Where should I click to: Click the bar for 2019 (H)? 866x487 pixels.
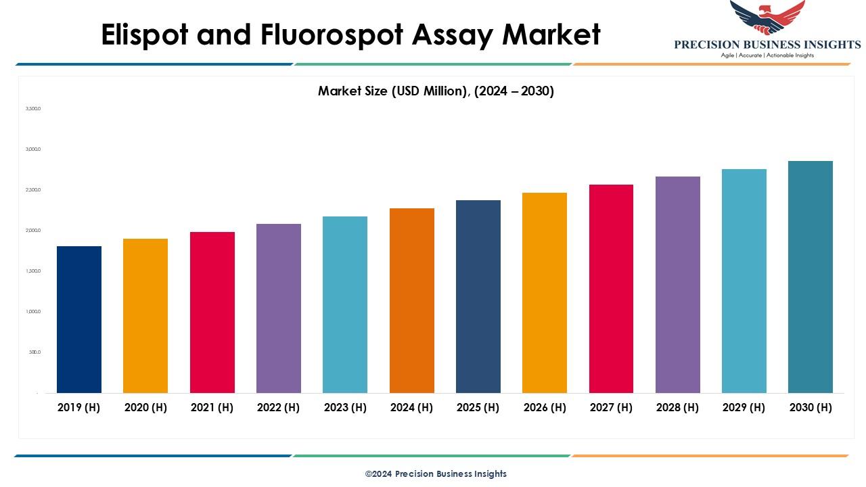pyautogui.click(x=79, y=319)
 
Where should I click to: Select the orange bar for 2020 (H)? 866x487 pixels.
pyautogui.click(x=145, y=315)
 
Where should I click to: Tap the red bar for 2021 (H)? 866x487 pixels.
pyautogui.click(x=212, y=312)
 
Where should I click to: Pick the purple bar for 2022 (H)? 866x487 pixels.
pyautogui.click(x=279, y=308)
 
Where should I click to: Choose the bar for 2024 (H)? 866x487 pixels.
pyautogui.click(x=412, y=300)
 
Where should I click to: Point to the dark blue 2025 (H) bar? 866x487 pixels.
pyautogui.click(x=478, y=296)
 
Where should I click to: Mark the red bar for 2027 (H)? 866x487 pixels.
pyautogui.click(x=611, y=288)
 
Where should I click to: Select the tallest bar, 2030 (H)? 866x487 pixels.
pyautogui.click(x=811, y=277)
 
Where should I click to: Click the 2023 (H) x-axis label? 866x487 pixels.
pyautogui.click(x=345, y=407)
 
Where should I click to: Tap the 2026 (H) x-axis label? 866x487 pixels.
pyautogui.click(x=545, y=407)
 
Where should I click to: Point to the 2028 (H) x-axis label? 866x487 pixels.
pyautogui.click(x=677, y=407)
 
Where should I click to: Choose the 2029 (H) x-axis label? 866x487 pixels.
pyautogui.click(x=744, y=407)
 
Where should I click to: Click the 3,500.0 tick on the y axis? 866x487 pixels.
pyautogui.click(x=33, y=108)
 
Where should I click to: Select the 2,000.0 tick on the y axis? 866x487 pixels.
pyautogui.click(x=33, y=231)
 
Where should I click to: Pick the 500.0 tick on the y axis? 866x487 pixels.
pyautogui.click(x=35, y=352)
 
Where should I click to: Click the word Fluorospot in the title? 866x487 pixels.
pyautogui.click(x=351, y=35)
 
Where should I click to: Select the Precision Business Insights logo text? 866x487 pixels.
pyautogui.click(x=767, y=45)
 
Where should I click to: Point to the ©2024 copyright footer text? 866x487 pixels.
pyautogui.click(x=436, y=474)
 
